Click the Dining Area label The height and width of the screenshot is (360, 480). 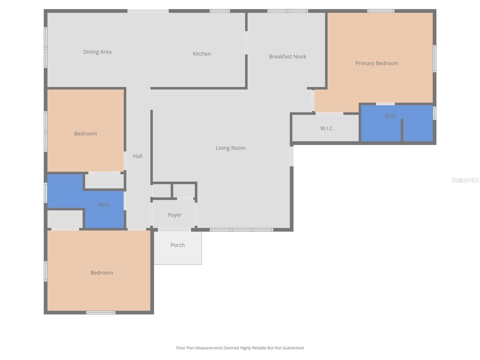[97, 52]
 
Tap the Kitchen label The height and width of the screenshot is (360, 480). [202, 54]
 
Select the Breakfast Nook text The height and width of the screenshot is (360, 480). [287, 56]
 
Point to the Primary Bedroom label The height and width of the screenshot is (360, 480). [377, 63]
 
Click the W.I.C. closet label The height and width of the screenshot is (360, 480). [327, 128]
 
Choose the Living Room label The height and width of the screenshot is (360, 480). [230, 148]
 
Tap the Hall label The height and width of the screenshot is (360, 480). [138, 156]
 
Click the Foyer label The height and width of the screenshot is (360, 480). [175, 215]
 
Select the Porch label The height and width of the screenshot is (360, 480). [178, 245]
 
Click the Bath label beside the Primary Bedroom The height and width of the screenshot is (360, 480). [390, 116]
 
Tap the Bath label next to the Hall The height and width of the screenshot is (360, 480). [104, 205]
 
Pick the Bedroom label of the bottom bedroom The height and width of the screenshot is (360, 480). [102, 273]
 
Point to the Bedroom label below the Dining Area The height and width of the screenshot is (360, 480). [85, 133]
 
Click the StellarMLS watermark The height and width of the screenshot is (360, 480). [465, 180]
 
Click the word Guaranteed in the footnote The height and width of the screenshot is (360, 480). [293, 348]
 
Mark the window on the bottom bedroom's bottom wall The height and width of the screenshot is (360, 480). [101, 313]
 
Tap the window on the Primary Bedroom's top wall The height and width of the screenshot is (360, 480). [381, 11]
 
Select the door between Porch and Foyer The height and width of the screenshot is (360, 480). [174, 230]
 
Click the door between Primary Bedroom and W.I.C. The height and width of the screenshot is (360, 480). [329, 113]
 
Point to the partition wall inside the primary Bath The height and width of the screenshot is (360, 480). [402, 130]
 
